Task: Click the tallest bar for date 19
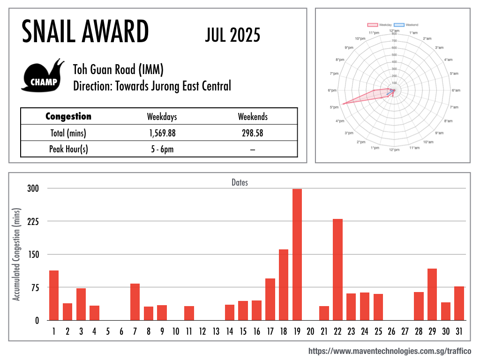297,254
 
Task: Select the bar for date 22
338,270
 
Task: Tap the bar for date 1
54,295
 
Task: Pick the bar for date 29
432,294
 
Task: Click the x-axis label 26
392,331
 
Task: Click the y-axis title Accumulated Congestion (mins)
17,255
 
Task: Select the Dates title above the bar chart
240,182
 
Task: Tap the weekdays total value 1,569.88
162,133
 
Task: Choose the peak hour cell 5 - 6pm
162,149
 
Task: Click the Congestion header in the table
68,117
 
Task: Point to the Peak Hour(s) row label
68,149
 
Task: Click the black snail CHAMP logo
43,76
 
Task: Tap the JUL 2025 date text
232,35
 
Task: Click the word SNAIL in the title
50,32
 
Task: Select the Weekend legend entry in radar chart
406,24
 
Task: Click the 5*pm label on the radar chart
334,107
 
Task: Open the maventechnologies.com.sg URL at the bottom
390,351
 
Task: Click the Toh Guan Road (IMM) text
118,70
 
